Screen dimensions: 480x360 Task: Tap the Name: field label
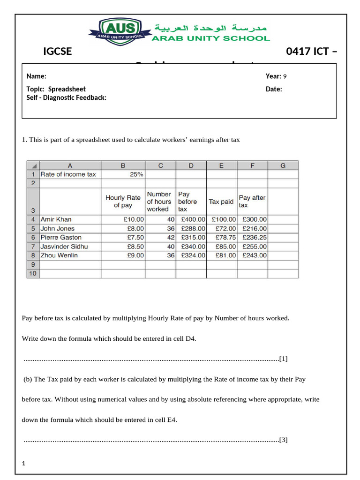click(36, 76)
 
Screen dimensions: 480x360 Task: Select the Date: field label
click(274, 89)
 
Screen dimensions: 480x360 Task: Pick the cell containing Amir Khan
click(56, 219)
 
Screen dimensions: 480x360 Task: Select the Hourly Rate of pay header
click(123, 202)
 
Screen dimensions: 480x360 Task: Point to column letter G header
click(283, 165)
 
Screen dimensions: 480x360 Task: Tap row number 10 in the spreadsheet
click(33, 273)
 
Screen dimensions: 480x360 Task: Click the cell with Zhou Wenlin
click(59, 255)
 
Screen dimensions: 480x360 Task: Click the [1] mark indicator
click(283, 359)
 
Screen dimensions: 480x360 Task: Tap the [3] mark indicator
click(283, 440)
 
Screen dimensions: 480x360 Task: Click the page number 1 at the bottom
click(23, 464)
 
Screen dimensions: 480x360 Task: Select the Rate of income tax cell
click(68, 174)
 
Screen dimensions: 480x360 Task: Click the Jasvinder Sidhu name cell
click(64, 247)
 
